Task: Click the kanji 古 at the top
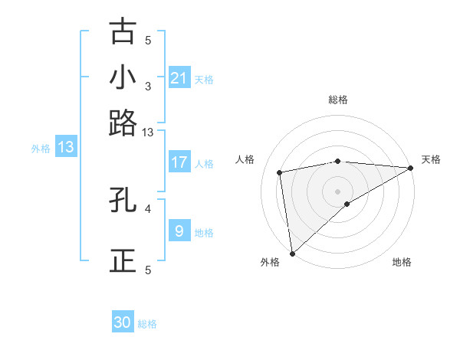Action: [123, 32]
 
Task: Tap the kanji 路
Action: [123, 122]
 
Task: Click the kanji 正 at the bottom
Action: [123, 260]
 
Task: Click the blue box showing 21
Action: [179, 78]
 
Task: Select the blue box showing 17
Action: [179, 162]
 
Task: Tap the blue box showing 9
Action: [179, 231]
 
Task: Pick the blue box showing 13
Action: [66, 148]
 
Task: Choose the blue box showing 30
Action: [123, 322]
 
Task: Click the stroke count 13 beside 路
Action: [148, 133]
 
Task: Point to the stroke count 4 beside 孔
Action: [148, 207]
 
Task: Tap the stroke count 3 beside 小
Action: [148, 86]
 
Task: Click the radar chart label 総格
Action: [338, 100]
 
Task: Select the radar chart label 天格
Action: [431, 159]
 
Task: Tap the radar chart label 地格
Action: [402, 262]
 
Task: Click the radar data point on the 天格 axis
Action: [411, 168]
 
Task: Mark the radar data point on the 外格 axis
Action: [292, 253]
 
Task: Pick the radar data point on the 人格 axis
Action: [281, 172]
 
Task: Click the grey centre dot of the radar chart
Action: [338, 191]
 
